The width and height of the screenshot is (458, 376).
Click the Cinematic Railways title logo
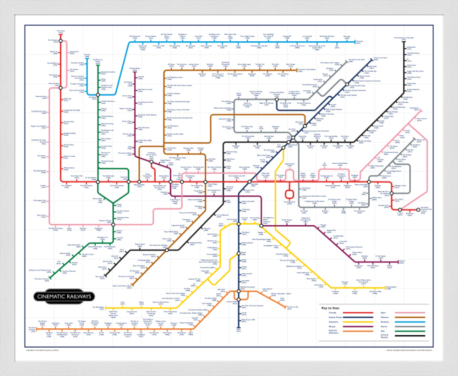tap(63, 296)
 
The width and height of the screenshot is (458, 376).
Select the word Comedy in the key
tap(327, 313)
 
